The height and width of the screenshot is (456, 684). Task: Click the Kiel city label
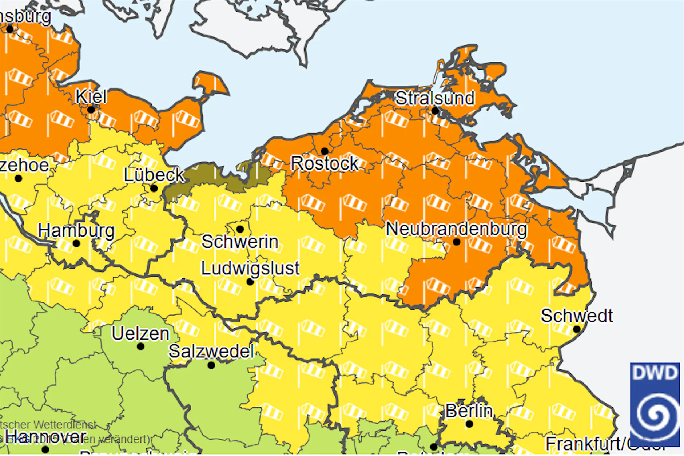click(91, 96)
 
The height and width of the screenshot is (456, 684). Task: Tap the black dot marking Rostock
click(325, 151)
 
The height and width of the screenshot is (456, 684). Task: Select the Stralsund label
click(435, 98)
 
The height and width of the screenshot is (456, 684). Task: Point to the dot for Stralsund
click(435, 110)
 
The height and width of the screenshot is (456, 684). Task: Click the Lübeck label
click(154, 175)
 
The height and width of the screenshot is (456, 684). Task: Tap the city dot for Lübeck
click(154, 188)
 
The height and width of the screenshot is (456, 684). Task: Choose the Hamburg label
click(76, 231)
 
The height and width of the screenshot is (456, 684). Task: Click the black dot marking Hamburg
click(76, 243)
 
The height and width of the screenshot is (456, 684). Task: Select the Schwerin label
click(240, 242)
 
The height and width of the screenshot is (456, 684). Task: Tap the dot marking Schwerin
click(240, 229)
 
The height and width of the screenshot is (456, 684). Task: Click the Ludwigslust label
click(250, 269)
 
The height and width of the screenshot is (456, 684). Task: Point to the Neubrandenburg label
click(456, 229)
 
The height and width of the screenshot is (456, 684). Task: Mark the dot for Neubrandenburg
click(457, 242)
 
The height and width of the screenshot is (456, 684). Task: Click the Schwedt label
click(576, 316)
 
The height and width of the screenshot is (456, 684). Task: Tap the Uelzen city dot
click(140, 346)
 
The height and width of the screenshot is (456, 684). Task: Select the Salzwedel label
click(211, 352)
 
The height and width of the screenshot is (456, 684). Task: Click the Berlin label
click(469, 411)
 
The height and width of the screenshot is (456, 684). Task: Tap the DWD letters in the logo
click(655, 373)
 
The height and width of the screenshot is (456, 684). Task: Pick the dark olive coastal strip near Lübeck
click(204, 178)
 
